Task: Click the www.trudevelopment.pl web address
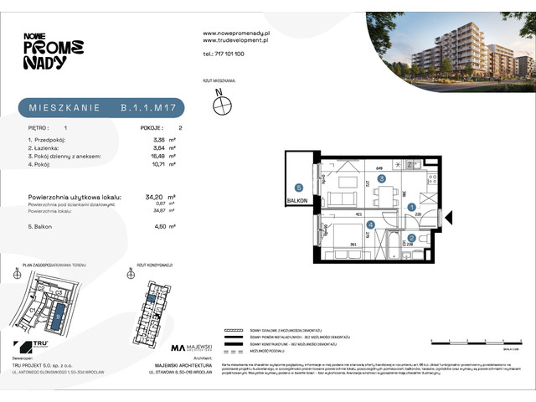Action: pyautogui.click(x=235, y=39)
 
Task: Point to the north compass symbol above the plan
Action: pyautogui.click(x=222, y=106)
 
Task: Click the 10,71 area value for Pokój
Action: pyautogui.click(x=160, y=165)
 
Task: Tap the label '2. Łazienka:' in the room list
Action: pyautogui.click(x=46, y=147)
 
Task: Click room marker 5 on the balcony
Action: pyautogui.click(x=298, y=187)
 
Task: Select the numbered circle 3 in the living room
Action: pyautogui.click(x=381, y=178)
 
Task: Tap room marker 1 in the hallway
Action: pyautogui.click(x=411, y=207)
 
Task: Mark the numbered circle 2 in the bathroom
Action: pyautogui.click(x=411, y=238)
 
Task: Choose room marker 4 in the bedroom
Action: pyautogui.click(x=370, y=224)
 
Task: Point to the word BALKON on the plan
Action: pyautogui.click(x=298, y=201)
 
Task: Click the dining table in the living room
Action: pyautogui.click(x=386, y=196)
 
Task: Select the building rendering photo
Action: pyautogui.click(x=450, y=47)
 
